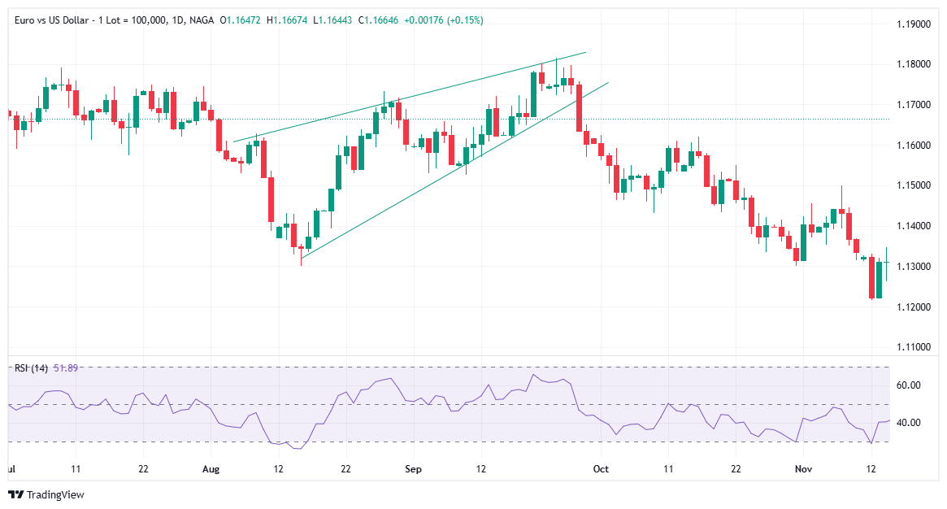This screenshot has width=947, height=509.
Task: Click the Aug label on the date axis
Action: pyautogui.click(x=211, y=469)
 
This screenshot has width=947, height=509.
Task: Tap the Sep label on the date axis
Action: pyautogui.click(x=413, y=469)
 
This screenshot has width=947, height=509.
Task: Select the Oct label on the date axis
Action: pyautogui.click(x=601, y=469)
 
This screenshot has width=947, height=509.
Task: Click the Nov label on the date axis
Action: pyautogui.click(x=803, y=469)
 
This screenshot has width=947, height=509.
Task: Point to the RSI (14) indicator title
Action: pyautogui.click(x=31, y=368)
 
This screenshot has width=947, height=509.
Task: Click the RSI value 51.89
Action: pyautogui.click(x=66, y=368)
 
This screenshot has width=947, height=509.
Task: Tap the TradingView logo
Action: pyautogui.click(x=46, y=494)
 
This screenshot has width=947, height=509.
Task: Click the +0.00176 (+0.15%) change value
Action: pyautogui.click(x=445, y=20)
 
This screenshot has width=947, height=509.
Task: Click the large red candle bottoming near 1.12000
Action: pyautogui.click(x=871, y=278)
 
